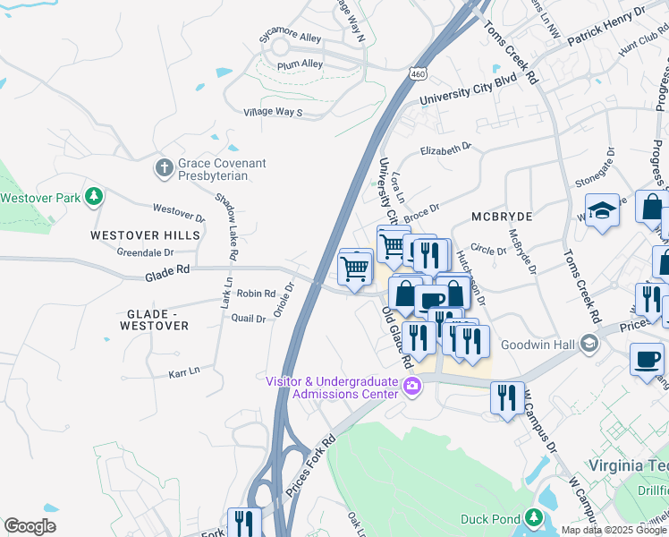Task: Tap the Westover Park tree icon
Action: (93, 196)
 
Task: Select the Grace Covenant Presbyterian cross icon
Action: (164, 167)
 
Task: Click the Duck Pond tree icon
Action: (534, 518)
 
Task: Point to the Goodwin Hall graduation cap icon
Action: (589, 343)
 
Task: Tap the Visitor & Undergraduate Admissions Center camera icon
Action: (412, 387)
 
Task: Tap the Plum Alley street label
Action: (300, 64)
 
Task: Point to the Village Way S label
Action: (273, 112)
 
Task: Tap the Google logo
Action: (30, 525)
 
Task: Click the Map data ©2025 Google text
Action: (614, 530)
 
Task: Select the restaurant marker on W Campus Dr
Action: (507, 396)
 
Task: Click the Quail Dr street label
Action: (249, 318)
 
